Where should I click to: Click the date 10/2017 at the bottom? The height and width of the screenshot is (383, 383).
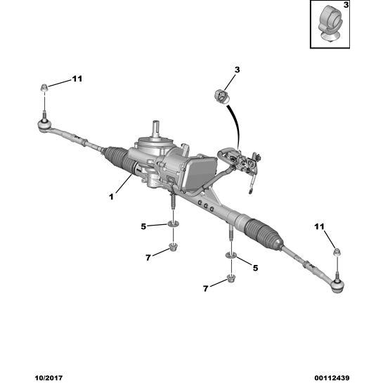(x=48, y=377)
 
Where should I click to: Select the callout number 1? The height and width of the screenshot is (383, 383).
(x=111, y=196)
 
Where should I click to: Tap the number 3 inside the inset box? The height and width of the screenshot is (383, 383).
(x=346, y=5)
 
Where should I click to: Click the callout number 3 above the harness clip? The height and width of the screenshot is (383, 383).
(x=237, y=70)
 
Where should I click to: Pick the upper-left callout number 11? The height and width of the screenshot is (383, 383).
(x=77, y=79)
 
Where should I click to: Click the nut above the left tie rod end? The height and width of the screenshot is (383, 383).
(x=44, y=87)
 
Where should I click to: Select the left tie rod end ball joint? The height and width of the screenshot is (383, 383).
(x=44, y=125)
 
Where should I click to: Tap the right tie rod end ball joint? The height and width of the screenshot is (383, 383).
(x=337, y=285)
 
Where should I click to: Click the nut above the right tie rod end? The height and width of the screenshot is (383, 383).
(x=337, y=252)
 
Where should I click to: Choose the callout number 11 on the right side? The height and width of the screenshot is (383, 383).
(x=319, y=227)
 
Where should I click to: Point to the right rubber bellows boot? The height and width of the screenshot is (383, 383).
(x=264, y=233)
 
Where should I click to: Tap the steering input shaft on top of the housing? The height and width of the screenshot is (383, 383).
(x=156, y=128)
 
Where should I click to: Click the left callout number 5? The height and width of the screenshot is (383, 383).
(x=143, y=226)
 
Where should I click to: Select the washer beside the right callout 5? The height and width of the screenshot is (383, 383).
(x=231, y=256)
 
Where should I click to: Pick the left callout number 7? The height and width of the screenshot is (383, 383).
(x=148, y=257)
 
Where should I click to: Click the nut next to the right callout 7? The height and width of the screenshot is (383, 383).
(x=231, y=278)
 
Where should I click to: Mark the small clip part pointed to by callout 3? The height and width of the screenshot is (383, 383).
(x=221, y=96)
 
